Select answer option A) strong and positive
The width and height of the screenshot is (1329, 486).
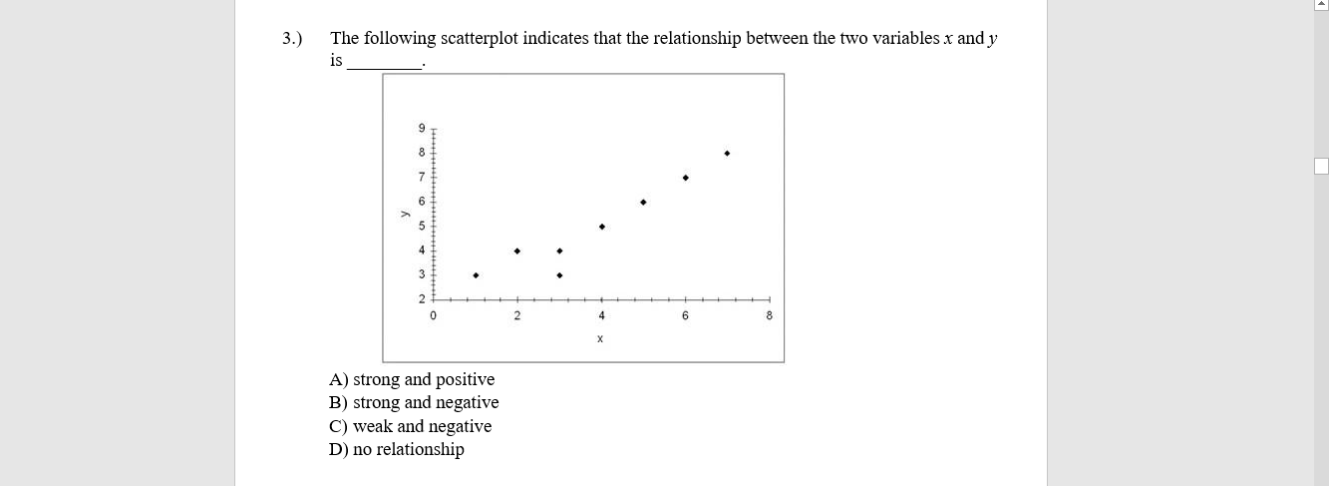[x=412, y=379]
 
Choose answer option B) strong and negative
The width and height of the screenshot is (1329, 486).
[x=414, y=402]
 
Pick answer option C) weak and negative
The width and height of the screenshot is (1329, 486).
[x=410, y=426]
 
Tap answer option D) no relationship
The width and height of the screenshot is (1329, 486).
[x=397, y=449]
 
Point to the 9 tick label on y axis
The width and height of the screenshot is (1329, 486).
[x=422, y=129]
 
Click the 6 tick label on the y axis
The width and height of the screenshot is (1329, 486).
[x=422, y=202]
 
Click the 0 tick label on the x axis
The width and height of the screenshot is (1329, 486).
[x=434, y=316]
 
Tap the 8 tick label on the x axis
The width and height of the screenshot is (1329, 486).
[x=769, y=316]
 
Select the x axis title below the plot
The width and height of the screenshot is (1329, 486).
[x=600, y=339]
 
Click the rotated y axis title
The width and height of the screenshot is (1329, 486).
[x=404, y=214]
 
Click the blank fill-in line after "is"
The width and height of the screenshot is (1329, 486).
[x=384, y=62]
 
